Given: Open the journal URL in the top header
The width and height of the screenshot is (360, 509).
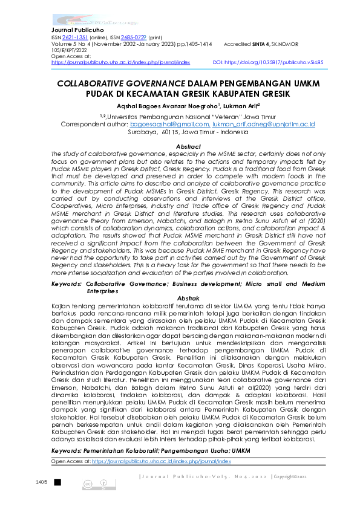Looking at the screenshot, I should coord(120,62).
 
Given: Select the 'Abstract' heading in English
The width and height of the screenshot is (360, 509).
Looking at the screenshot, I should coord(188,147).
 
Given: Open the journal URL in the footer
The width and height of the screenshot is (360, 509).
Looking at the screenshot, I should coord(161,461).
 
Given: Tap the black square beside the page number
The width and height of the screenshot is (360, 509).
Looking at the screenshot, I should coord(57,482).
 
